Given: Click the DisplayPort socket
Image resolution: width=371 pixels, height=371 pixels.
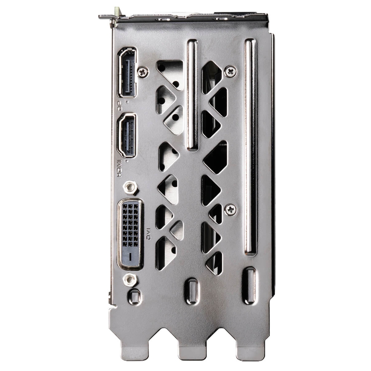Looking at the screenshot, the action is pos(127,72).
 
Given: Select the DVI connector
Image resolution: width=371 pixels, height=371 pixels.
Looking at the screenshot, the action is pos(131,234).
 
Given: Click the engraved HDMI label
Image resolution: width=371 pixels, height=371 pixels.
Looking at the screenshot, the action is pos(120,168).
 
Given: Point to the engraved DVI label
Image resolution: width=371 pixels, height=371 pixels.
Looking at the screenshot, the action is pos(148,234).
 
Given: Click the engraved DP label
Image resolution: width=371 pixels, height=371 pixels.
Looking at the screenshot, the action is pos(120,106).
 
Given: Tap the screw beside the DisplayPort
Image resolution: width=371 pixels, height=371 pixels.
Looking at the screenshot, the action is pos(143,72).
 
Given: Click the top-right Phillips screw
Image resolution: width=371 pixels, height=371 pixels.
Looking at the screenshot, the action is pos(230,71).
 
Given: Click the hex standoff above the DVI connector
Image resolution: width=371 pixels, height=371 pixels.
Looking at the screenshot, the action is pos(130,187).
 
